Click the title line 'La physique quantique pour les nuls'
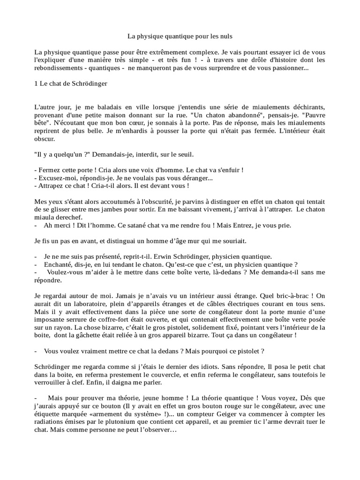(x=180, y=36)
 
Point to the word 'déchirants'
(x=306, y=108)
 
